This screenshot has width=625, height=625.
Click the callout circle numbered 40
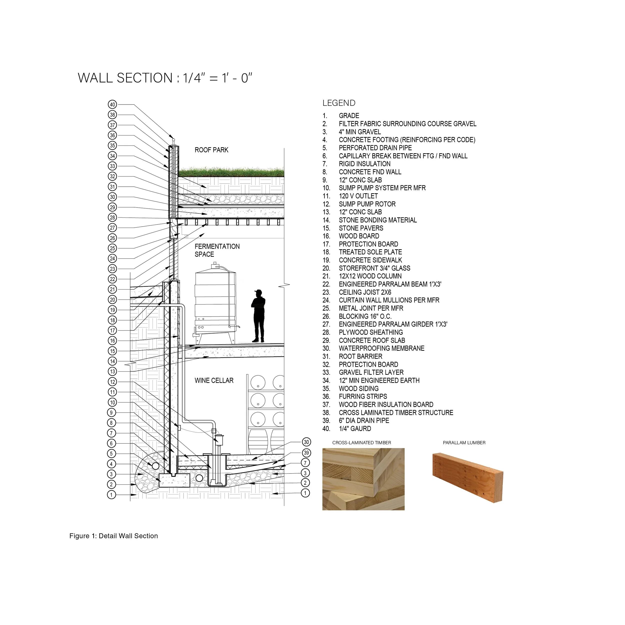tap(112, 104)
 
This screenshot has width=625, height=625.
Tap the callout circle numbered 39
tap(306, 452)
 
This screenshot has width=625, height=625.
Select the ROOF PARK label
tap(211, 150)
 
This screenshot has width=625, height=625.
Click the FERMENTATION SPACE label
tap(217, 250)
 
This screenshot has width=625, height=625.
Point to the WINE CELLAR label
tap(214, 380)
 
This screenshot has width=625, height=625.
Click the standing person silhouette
tap(258, 316)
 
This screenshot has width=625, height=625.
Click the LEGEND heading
tap(339, 103)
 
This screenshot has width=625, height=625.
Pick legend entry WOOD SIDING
tap(358, 388)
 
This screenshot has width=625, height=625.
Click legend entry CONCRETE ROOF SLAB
tap(372, 340)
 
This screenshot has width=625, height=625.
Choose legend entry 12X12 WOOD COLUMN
tap(370, 276)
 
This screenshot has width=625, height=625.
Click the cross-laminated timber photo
tap(363, 479)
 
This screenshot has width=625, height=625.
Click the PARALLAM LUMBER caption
tap(464, 442)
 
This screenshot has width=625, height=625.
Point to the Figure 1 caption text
tap(113, 536)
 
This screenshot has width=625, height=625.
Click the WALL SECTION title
tap(165, 78)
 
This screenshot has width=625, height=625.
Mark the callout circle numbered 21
tap(112, 289)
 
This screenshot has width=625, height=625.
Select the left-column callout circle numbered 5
tap(111, 453)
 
